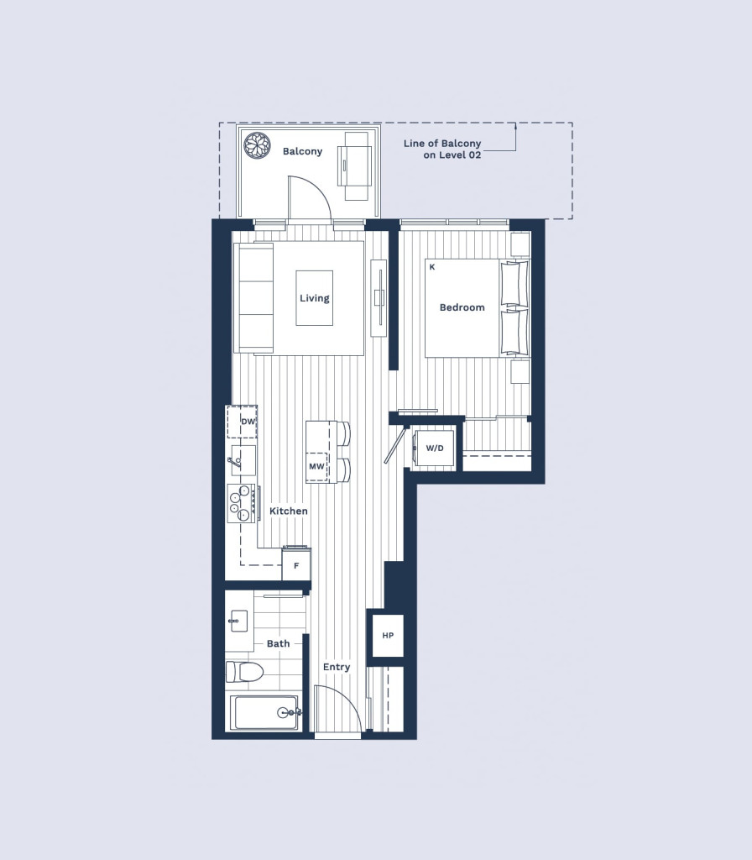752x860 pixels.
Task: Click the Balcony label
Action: pyautogui.click(x=302, y=151)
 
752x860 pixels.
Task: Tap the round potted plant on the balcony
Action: pyautogui.click(x=257, y=145)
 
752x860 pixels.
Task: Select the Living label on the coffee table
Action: pyautogui.click(x=314, y=298)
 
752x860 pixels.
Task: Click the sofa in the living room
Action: pyautogui.click(x=253, y=298)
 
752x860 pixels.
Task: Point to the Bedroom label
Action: pyautogui.click(x=462, y=307)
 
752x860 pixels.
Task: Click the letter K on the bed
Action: pyautogui.click(x=432, y=267)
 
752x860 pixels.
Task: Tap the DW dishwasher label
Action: pyautogui.click(x=248, y=422)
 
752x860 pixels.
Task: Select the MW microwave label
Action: pyautogui.click(x=316, y=467)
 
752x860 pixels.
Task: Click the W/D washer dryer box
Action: pyautogui.click(x=436, y=448)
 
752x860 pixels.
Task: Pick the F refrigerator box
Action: pyautogui.click(x=296, y=564)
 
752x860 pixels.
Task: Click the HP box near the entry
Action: pyautogui.click(x=388, y=636)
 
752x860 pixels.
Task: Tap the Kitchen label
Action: pyautogui.click(x=289, y=511)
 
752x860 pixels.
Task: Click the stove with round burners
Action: pyautogui.click(x=241, y=503)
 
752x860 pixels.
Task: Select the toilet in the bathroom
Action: pyautogui.click(x=245, y=671)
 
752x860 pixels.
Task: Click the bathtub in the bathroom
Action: pyautogui.click(x=264, y=712)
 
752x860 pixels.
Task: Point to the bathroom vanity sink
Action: pyautogui.click(x=238, y=621)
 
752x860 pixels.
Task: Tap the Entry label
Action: pyautogui.click(x=337, y=667)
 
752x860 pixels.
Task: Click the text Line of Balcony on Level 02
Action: pyautogui.click(x=442, y=149)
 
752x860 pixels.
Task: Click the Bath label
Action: pyautogui.click(x=279, y=643)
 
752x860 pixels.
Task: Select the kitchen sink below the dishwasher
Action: pyautogui.click(x=242, y=461)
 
